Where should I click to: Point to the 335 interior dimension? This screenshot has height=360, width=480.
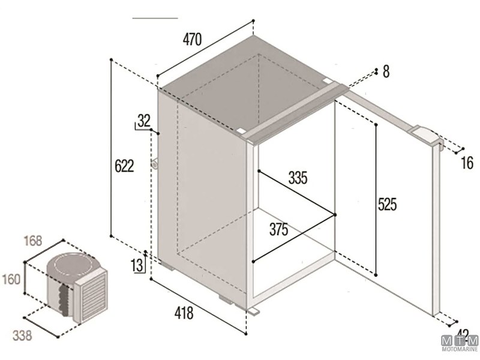click(x=298, y=178)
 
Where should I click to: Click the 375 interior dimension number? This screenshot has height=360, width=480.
click(x=278, y=229)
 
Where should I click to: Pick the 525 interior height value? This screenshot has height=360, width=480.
click(x=387, y=205)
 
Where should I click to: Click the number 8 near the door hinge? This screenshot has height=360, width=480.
click(x=386, y=72)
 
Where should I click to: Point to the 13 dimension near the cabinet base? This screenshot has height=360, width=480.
click(x=137, y=265)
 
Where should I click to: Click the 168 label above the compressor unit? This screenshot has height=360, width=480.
click(x=33, y=241)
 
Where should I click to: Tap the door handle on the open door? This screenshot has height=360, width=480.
click(x=427, y=136)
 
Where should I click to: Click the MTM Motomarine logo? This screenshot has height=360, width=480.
click(x=460, y=341)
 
